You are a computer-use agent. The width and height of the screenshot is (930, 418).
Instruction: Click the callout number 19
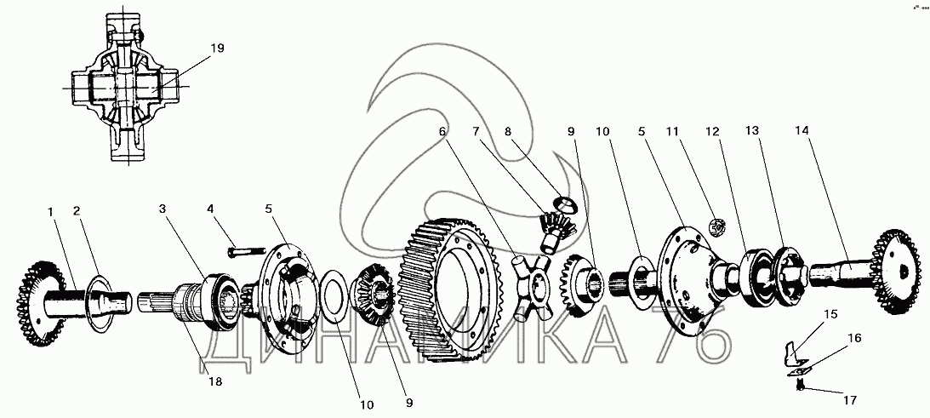(218, 49)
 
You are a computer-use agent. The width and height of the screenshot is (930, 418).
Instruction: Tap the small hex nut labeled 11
(716, 227)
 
